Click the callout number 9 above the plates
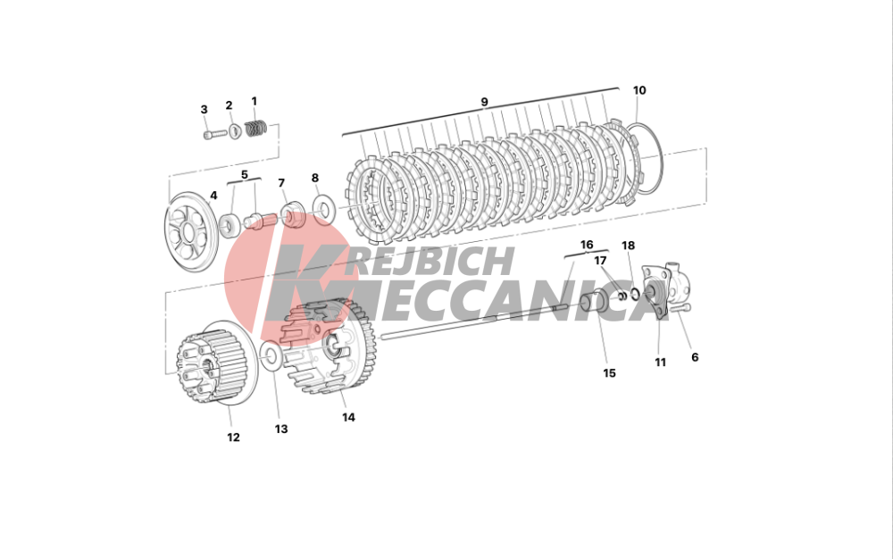[x=484, y=103]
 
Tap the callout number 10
[x=639, y=90]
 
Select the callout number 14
[x=348, y=417]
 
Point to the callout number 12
[x=233, y=438]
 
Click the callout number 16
[x=587, y=245]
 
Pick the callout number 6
[x=695, y=357]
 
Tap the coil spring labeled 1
[x=255, y=128]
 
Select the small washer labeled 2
[x=234, y=131]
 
